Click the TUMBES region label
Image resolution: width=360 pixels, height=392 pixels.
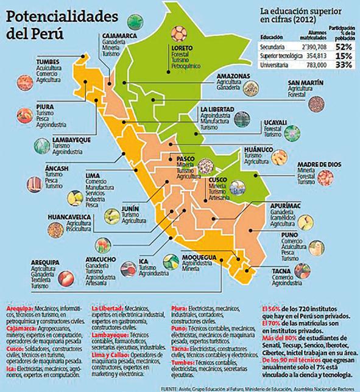[x=32, y=61]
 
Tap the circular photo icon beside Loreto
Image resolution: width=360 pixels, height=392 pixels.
[x=179, y=32]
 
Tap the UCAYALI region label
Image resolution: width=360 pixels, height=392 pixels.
[x=272, y=122]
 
